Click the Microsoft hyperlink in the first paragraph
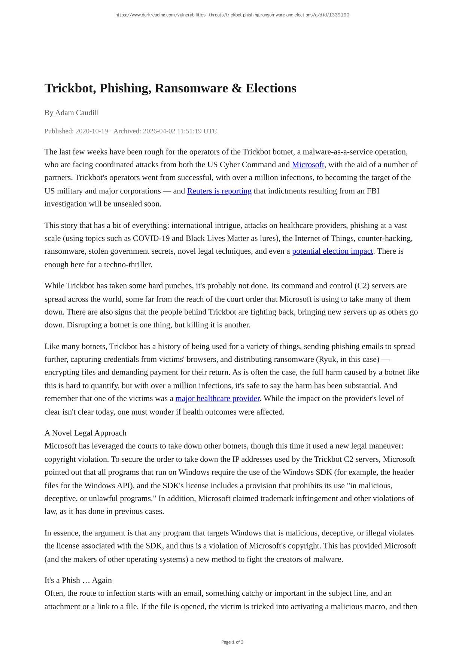(x=308, y=165)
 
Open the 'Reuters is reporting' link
(x=219, y=191)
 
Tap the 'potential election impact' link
(x=332, y=251)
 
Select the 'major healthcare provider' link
(x=218, y=398)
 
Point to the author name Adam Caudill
(x=77, y=113)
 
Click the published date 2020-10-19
(x=92, y=131)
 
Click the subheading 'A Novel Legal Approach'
(x=85, y=433)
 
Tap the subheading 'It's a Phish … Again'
(x=78, y=580)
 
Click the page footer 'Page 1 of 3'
(x=232, y=642)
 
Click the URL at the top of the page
(x=232, y=15)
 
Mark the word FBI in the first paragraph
(x=373, y=191)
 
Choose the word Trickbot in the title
(x=69, y=88)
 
